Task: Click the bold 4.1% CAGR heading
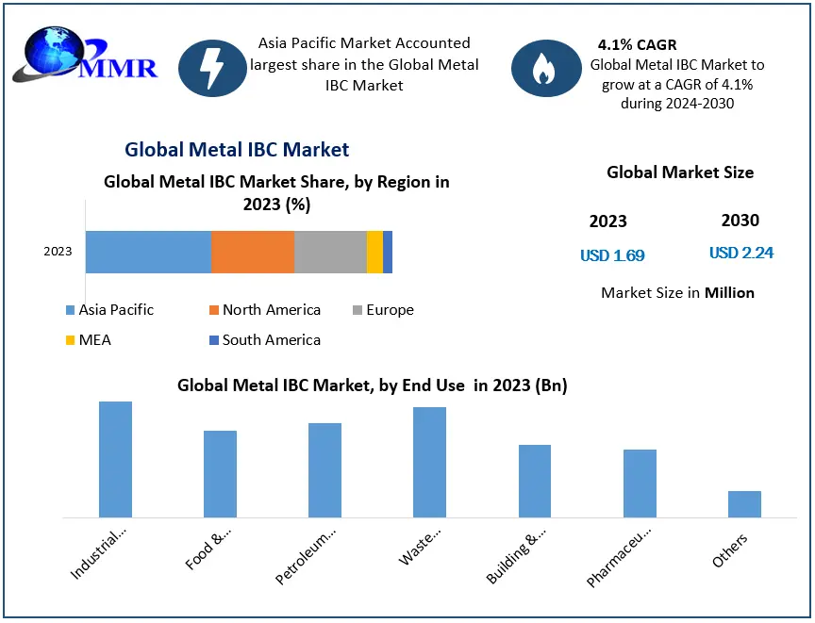[637, 45]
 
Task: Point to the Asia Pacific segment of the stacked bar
[148, 252]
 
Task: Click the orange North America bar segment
[253, 252]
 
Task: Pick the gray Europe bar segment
[330, 252]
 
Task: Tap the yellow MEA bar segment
[374, 252]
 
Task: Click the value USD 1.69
[612, 255]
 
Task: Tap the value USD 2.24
[741, 253]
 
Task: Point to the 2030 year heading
[740, 221]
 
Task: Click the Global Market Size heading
[680, 172]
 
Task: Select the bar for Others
[744, 504]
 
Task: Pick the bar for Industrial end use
[115, 460]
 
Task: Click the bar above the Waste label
[429, 463]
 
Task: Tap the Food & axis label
[209, 552]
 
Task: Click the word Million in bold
[729, 292]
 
